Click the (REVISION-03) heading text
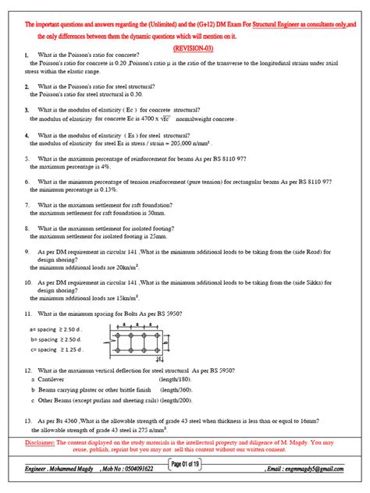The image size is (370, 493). click(185, 46)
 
